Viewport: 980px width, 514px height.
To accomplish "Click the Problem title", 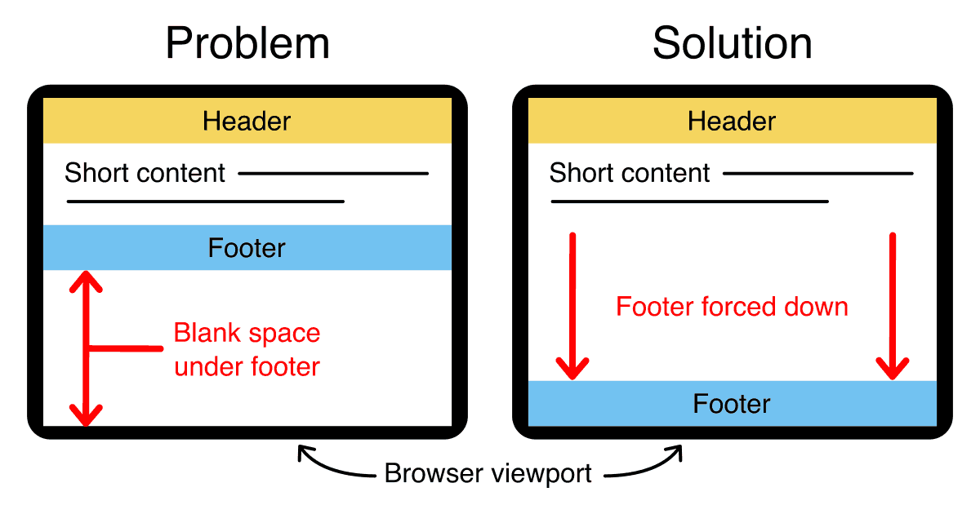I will [247, 42].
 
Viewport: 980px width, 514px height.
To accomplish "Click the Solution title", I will [733, 42].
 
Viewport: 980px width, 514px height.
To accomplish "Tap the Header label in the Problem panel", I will [247, 122].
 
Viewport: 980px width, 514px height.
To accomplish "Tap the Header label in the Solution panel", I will [732, 122].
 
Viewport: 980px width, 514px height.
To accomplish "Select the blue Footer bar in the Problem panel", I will [247, 247].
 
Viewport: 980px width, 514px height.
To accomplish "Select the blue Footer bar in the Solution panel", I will [732, 404].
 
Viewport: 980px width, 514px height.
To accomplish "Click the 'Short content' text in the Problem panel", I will [145, 173].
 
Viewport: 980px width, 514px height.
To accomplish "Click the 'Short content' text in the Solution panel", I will [630, 173].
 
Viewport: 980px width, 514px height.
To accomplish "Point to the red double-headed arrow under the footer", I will [86, 349].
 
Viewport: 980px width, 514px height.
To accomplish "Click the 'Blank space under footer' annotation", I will [247, 350].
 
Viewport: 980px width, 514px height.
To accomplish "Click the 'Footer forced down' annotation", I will [732, 307].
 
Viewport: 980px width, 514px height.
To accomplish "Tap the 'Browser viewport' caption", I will [488, 474].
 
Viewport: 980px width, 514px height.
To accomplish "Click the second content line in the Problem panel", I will [205, 201].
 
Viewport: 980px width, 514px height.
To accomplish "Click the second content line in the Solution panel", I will [690, 201].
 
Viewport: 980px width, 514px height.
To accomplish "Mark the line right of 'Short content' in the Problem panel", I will [333, 173].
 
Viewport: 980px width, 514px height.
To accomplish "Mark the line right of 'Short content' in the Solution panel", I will [818, 173].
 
